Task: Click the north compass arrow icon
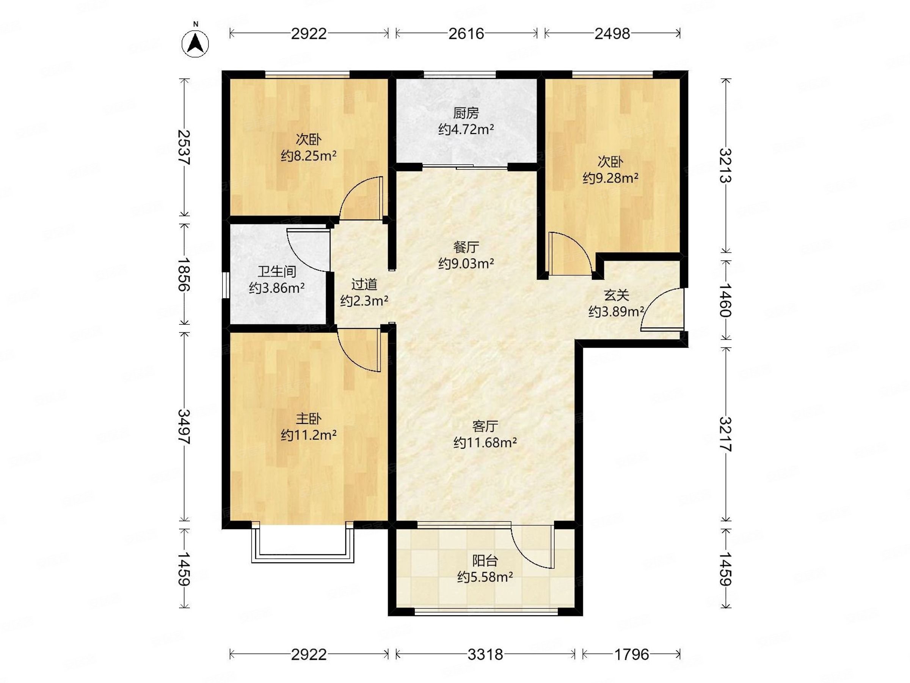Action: [x=195, y=43]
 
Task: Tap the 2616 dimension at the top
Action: [x=466, y=33]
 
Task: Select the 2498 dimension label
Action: [x=612, y=33]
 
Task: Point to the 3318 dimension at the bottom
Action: [x=485, y=654]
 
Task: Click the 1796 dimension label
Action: [x=631, y=654]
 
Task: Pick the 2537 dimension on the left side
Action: [x=184, y=147]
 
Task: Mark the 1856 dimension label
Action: [x=184, y=274]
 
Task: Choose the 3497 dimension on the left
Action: [x=184, y=426]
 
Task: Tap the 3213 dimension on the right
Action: [x=726, y=165]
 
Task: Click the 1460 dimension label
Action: [x=726, y=300]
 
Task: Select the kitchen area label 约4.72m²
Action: [x=466, y=129]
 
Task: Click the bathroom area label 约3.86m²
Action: [x=277, y=288]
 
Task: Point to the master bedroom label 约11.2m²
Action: [x=309, y=435]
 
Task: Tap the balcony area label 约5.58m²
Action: [x=485, y=577]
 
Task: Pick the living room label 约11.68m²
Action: [x=485, y=442]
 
